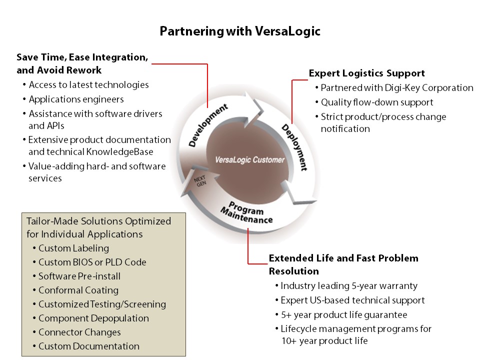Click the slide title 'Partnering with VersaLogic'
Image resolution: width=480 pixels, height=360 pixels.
click(240, 31)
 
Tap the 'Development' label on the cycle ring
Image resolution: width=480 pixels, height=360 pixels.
click(208, 125)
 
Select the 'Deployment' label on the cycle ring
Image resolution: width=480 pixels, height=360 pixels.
click(294, 147)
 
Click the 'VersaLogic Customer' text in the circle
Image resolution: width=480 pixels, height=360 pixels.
click(249, 160)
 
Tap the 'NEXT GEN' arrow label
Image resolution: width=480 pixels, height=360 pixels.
click(200, 180)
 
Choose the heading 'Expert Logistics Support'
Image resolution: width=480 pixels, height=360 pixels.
click(366, 73)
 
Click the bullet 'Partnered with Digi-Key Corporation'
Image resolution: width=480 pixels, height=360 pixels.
click(396, 88)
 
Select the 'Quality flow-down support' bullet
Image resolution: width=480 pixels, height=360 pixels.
click(377, 102)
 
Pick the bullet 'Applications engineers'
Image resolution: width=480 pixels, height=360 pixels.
click(76, 99)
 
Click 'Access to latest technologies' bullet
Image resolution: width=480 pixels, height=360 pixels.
click(88, 85)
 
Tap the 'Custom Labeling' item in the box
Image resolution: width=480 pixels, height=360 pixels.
click(73, 248)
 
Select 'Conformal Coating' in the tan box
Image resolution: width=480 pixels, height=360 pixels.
click(78, 290)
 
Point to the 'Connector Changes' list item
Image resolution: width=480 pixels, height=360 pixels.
click(79, 332)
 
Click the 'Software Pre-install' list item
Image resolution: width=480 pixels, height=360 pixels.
click(79, 276)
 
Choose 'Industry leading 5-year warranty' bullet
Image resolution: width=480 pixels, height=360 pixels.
click(348, 286)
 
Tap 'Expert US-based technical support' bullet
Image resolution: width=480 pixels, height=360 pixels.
click(352, 300)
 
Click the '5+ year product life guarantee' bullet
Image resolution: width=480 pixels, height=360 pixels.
click(343, 314)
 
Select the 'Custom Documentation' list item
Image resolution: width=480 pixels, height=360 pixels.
click(89, 346)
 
